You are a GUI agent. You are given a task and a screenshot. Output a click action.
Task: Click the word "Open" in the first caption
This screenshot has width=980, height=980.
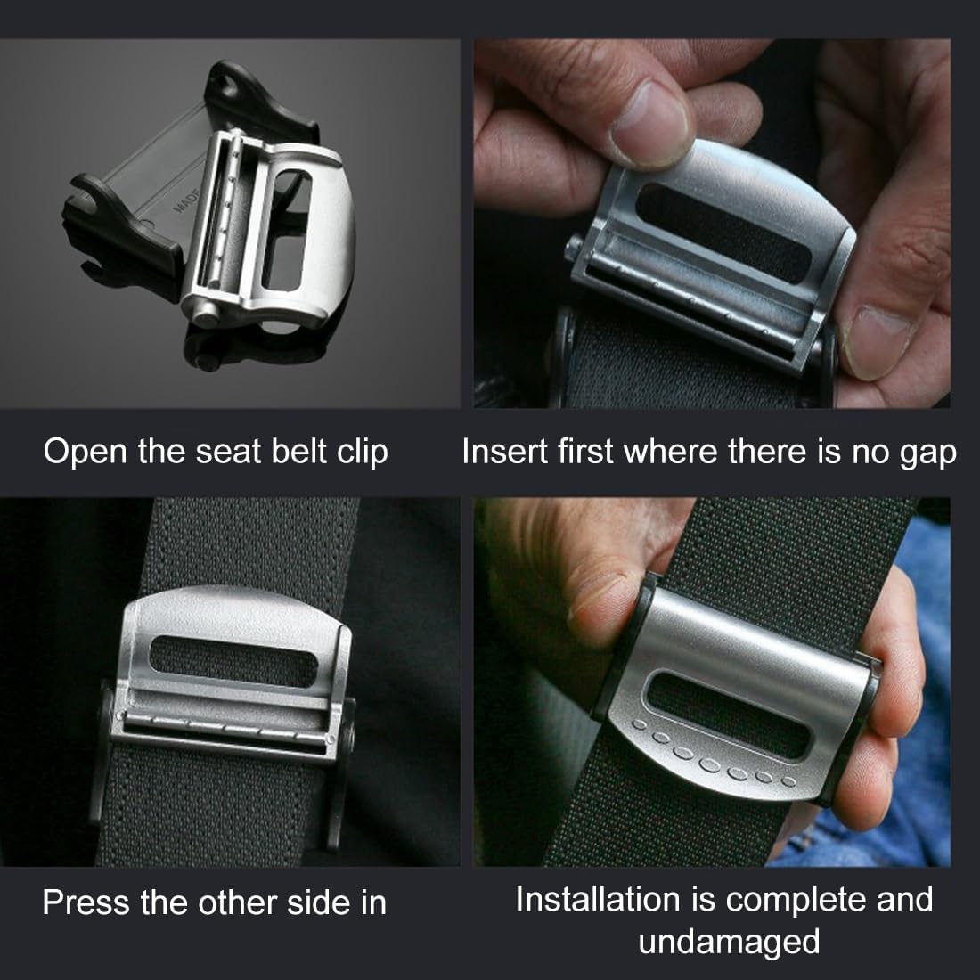click(85, 452)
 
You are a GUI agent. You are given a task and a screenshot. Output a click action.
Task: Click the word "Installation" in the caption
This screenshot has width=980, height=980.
click(599, 899)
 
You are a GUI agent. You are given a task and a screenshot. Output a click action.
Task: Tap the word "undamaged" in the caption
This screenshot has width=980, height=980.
click(729, 943)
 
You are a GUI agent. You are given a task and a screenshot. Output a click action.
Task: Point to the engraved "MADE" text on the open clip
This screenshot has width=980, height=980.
click(185, 200)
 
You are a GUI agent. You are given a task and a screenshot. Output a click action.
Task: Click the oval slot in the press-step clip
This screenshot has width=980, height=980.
click(234, 661)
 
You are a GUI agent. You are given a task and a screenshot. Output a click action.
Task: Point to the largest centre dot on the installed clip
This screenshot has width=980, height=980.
click(710, 764)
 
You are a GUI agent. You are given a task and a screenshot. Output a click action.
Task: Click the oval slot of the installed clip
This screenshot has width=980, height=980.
click(729, 715)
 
